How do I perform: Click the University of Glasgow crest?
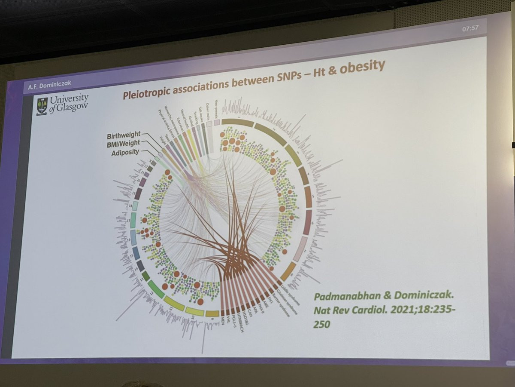pyautogui.click(x=42, y=105)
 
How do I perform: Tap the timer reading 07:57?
pyautogui.click(x=470, y=29)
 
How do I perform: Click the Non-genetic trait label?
pyautogui.click(x=217, y=110)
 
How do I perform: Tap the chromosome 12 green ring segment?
pyautogui.click(x=156, y=289)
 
